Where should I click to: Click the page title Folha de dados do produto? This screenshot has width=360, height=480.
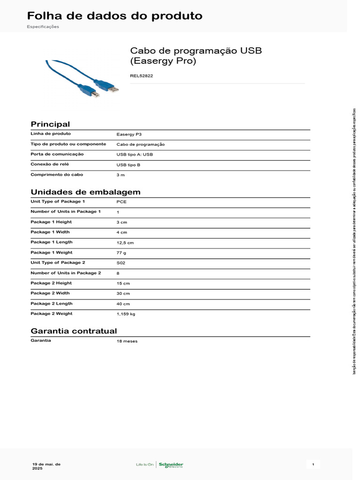coord(115,16)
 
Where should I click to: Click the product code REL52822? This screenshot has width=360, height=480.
coord(141,75)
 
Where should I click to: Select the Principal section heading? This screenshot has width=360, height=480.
coord(50,124)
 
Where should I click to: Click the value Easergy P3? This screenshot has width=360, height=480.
coord(129,134)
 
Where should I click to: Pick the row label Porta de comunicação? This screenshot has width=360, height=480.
coord(57,154)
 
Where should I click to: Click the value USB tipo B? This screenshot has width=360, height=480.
coord(128,165)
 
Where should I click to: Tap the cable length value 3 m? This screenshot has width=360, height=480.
coord(120,175)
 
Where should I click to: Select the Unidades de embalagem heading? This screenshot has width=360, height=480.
coord(85,192)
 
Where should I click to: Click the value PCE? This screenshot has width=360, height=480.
coord(121,202)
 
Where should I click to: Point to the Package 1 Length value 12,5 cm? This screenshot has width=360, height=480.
coord(125,243)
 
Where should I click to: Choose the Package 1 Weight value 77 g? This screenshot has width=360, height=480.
coord(122,253)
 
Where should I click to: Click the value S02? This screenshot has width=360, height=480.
coord(121,263)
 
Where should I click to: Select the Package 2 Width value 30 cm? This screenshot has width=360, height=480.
coord(123,293)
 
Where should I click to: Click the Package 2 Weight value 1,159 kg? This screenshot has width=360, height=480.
coord(126,314)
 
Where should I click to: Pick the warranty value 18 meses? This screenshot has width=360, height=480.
coord(127,341)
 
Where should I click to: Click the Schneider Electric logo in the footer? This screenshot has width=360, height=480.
coord(171,465)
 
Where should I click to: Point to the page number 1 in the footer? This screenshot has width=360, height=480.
coord(313,465)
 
